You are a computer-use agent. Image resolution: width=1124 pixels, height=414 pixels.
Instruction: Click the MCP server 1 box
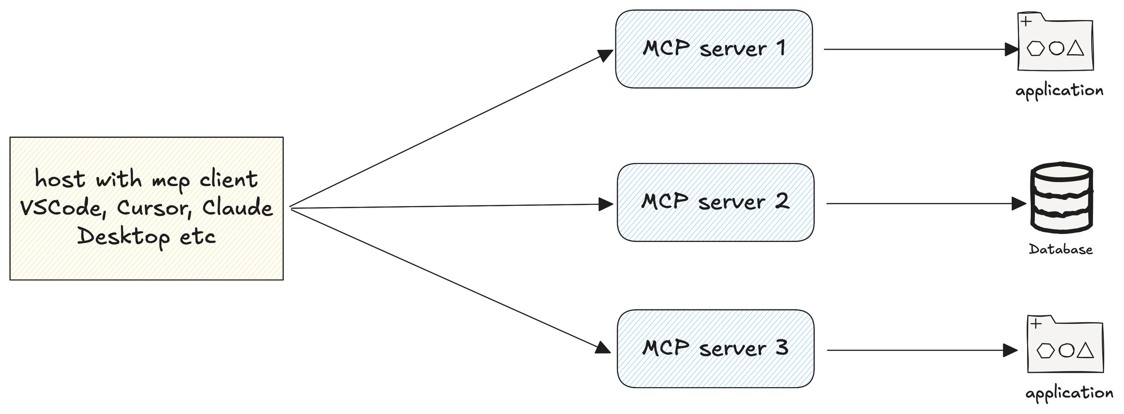(x=713, y=49)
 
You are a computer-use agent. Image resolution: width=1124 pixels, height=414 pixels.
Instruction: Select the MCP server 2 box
(x=715, y=202)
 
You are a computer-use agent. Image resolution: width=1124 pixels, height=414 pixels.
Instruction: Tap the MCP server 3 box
(x=715, y=348)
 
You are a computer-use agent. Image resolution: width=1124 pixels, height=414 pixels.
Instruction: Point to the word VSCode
(x=62, y=208)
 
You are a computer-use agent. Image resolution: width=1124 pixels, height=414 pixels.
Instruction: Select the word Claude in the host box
(x=237, y=207)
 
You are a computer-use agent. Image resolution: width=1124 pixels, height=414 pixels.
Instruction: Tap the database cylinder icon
(x=1061, y=197)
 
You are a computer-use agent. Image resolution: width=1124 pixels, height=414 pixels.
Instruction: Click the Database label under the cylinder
(x=1060, y=249)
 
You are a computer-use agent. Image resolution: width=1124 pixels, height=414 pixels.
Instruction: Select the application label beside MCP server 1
(x=1059, y=90)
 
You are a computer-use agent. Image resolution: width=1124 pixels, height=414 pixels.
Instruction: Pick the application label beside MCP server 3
(x=1069, y=392)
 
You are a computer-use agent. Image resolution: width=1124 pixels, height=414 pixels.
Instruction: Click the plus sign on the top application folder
(x=1026, y=22)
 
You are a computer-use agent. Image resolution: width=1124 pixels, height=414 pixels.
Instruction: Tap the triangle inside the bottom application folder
(x=1085, y=351)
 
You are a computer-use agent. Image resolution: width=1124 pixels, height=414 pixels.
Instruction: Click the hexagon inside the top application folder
(x=1035, y=48)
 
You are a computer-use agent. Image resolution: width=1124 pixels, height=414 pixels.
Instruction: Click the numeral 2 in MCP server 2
(x=782, y=201)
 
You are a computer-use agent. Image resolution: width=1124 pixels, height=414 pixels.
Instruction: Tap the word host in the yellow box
(x=60, y=179)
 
